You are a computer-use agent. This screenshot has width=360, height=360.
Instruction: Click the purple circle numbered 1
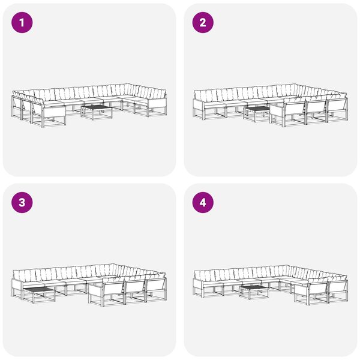click(22, 23)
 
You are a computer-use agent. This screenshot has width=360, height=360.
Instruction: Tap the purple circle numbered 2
click(203, 23)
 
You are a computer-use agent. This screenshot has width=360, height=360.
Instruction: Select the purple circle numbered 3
click(22, 203)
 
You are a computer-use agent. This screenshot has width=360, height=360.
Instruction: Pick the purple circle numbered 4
click(203, 203)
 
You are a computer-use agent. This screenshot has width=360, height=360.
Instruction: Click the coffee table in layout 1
click(97, 112)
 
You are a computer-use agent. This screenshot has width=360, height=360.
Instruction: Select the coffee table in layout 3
click(39, 295)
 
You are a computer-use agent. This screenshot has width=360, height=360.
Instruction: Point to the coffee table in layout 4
click(254, 292)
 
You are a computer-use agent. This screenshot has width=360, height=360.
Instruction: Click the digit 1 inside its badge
click(22, 23)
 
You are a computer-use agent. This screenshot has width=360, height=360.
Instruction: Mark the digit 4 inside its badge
click(203, 203)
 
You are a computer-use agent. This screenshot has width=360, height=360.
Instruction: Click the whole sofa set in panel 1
click(89, 105)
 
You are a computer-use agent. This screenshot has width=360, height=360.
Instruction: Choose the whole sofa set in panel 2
click(271, 105)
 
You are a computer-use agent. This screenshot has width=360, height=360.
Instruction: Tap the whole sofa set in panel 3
click(89, 285)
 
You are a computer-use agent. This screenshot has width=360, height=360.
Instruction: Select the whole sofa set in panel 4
click(271, 285)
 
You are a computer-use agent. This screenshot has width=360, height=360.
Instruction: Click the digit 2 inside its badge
click(203, 23)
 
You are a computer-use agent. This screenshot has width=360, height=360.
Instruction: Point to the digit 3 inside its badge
click(22, 203)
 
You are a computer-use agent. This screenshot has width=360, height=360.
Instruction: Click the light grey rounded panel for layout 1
click(89, 90)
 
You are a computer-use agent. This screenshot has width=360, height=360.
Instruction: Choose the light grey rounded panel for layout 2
click(271, 90)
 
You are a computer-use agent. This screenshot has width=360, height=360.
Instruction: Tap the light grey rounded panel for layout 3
click(89, 270)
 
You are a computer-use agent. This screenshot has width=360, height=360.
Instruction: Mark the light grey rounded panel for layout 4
click(271, 270)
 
